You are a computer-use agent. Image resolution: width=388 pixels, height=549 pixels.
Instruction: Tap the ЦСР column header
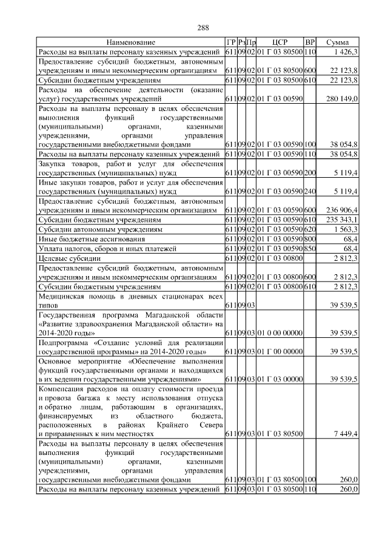coord(279,43)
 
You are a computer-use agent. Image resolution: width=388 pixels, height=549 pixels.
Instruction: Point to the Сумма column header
coord(337,43)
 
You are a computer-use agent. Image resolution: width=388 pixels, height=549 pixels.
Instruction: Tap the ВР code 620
coord(310,229)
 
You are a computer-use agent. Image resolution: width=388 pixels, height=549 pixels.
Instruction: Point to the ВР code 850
coord(310,249)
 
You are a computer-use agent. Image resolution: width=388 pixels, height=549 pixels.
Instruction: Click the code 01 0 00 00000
coord(279,333)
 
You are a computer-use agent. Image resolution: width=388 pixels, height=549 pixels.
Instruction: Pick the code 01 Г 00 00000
coord(279,351)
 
